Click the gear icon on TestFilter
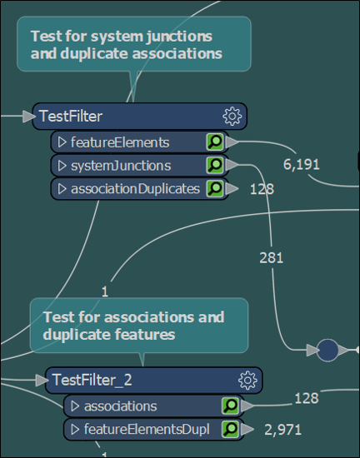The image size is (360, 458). point(232,116)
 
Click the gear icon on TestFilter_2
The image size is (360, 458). point(247,381)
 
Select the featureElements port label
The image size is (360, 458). point(120,142)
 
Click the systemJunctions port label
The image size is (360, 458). point(121,166)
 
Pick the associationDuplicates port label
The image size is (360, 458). point(135,188)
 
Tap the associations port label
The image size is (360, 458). point(120,406)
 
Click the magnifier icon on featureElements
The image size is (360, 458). point(215,142)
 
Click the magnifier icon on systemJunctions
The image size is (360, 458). point(215,166)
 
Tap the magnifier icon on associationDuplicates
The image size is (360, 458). point(215,188)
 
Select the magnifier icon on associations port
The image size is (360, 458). point(230,406)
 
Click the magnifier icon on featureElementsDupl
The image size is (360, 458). point(230,430)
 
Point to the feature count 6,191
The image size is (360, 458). point(301,164)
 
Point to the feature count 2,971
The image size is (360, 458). point(282,430)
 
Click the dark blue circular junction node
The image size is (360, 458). point(327,351)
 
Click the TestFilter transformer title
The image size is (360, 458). point(71,116)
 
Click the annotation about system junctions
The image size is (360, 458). point(132,45)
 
